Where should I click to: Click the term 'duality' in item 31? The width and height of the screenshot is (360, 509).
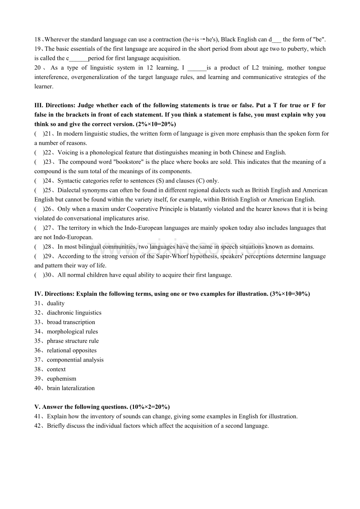56,303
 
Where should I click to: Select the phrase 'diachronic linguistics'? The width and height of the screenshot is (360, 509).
74,313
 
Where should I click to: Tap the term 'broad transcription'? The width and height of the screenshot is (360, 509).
71,322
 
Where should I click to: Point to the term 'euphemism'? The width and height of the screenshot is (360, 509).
61,379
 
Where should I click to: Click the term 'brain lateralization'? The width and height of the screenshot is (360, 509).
71,388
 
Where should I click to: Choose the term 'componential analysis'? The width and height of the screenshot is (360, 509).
75,360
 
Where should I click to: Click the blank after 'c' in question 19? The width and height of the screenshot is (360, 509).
78,59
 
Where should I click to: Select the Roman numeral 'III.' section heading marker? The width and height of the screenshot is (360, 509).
39,106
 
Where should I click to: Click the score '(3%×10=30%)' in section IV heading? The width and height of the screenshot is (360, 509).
290,294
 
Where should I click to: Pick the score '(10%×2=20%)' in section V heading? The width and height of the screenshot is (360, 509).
150,407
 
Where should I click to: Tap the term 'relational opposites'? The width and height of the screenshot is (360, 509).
72,351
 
